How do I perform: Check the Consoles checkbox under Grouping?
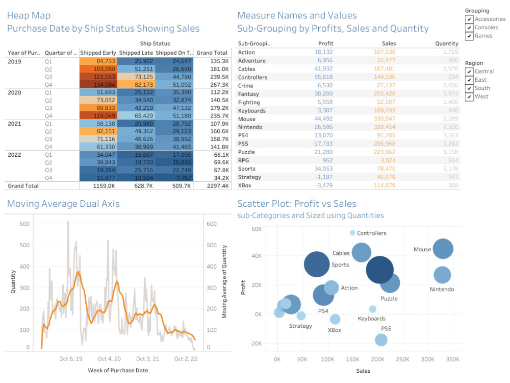click(469, 28)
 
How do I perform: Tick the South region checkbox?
click(469, 88)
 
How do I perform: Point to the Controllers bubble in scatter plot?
click(352, 233)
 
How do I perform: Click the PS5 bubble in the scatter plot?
click(381, 340)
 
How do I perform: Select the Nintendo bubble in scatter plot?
click(442, 275)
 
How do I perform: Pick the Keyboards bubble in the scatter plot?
click(372, 309)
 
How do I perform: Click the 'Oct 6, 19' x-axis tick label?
click(70, 359)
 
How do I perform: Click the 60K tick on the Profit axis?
click(256, 229)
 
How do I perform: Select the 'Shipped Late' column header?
click(136, 53)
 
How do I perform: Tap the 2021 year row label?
click(15, 123)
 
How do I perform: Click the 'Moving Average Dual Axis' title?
click(63, 204)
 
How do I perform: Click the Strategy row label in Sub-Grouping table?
click(249, 177)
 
